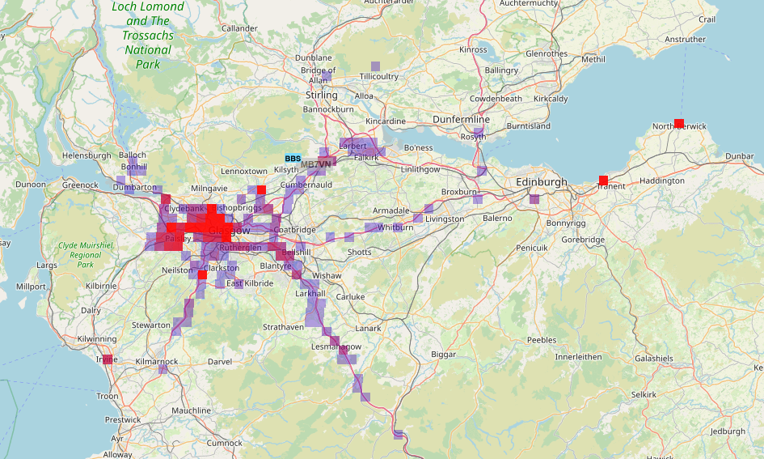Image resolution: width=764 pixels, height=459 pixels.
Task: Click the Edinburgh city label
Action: tap(542, 183)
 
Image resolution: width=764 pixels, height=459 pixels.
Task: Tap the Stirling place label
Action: tap(322, 95)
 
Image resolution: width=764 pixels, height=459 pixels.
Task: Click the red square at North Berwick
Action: tap(679, 124)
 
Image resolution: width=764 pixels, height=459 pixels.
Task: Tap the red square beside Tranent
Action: tap(603, 180)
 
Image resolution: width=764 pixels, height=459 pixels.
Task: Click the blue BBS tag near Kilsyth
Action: tap(293, 158)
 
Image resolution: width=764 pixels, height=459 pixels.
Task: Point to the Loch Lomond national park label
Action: tap(148, 35)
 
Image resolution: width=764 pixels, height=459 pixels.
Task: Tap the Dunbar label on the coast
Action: tap(740, 155)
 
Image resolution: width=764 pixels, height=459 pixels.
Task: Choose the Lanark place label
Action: tap(368, 328)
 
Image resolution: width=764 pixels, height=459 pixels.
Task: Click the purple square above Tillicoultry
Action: tap(374, 66)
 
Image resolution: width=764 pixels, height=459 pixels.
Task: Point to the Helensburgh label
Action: tap(87, 155)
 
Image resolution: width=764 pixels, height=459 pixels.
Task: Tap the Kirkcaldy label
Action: tap(551, 99)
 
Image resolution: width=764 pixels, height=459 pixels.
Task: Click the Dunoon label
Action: tap(31, 184)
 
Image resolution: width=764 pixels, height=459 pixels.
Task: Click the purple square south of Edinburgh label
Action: tap(534, 198)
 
